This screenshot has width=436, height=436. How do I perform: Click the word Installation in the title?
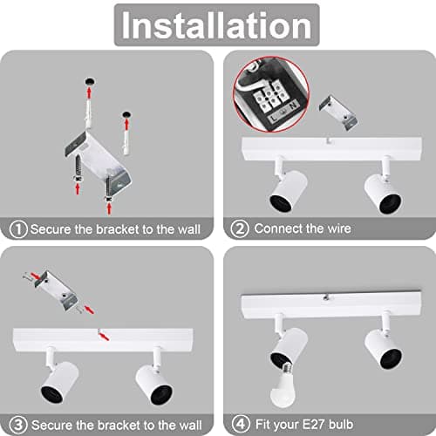tap(216, 25)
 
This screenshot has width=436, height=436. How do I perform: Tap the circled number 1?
tap(18, 229)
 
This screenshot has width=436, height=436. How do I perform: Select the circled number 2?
tap(240, 228)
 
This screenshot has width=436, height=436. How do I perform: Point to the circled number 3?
tap(18, 425)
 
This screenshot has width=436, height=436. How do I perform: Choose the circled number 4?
tap(241, 424)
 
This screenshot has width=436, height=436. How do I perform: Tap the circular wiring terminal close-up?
tap(271, 94)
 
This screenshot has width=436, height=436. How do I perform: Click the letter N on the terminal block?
tap(293, 106)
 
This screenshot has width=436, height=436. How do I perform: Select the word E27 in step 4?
tap(314, 425)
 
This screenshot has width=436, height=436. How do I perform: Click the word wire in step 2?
tap(339, 228)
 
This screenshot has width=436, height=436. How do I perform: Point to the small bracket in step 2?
tap(338, 112)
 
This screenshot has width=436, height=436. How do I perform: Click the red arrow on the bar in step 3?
tap(104, 337)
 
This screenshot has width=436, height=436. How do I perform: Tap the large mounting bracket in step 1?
tap(98, 161)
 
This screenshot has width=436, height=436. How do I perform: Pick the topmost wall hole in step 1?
tap(90, 81)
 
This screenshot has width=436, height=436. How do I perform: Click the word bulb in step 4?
tap(341, 425)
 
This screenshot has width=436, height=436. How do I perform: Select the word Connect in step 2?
tap(279, 228)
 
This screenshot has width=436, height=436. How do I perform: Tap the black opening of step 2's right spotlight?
tap(390, 204)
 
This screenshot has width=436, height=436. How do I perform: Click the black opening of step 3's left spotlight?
tap(52, 394)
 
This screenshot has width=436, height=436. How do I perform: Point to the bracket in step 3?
tap(57, 290)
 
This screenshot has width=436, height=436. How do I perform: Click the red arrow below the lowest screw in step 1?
tap(109, 208)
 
